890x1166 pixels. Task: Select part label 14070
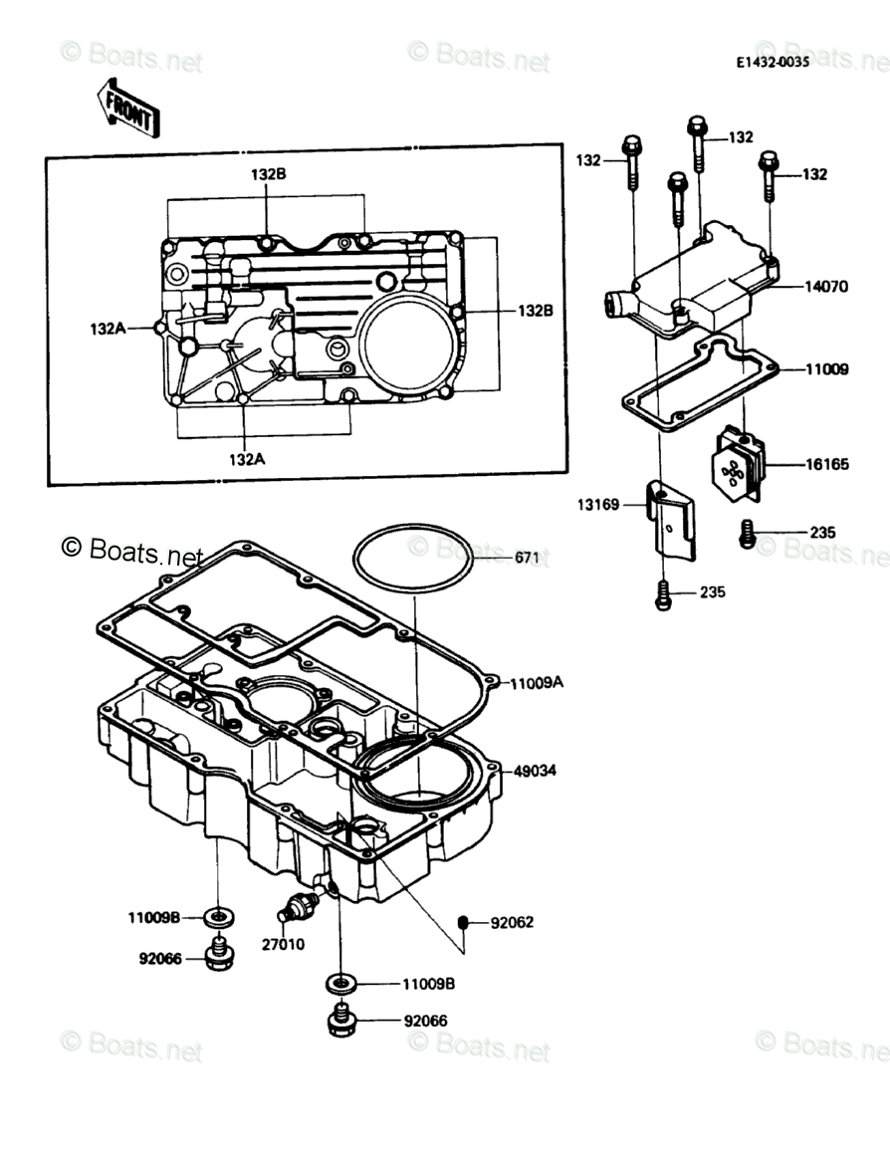coord(826,287)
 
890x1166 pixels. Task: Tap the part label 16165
coord(826,464)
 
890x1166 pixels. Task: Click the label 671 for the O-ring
coord(527,558)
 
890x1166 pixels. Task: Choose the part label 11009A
coord(537,684)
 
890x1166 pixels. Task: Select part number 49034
coord(535,771)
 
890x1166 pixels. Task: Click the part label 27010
coord(285,944)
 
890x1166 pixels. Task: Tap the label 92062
coord(512,922)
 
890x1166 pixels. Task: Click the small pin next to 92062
coord(463,922)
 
